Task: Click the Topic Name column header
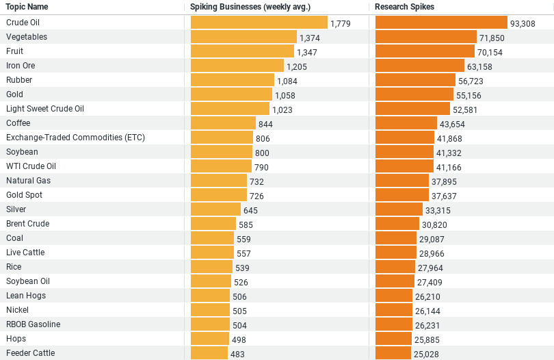tap(27, 7)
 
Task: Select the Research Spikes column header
tap(404, 7)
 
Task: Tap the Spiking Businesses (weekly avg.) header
tap(250, 7)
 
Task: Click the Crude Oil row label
tap(23, 23)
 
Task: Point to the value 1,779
tap(341, 23)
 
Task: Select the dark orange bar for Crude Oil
tap(441, 23)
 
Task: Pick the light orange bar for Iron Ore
tap(237, 66)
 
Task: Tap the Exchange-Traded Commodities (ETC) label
tap(75, 138)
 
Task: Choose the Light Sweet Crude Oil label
tap(45, 109)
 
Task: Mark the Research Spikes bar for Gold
tap(414, 94)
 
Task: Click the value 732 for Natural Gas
tap(256, 181)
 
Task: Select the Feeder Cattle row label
tap(30, 353)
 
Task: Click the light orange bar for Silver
tap(215, 209)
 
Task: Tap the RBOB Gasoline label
tap(33, 324)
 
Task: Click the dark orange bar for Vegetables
tap(425, 37)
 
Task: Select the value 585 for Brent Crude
tap(246, 224)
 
